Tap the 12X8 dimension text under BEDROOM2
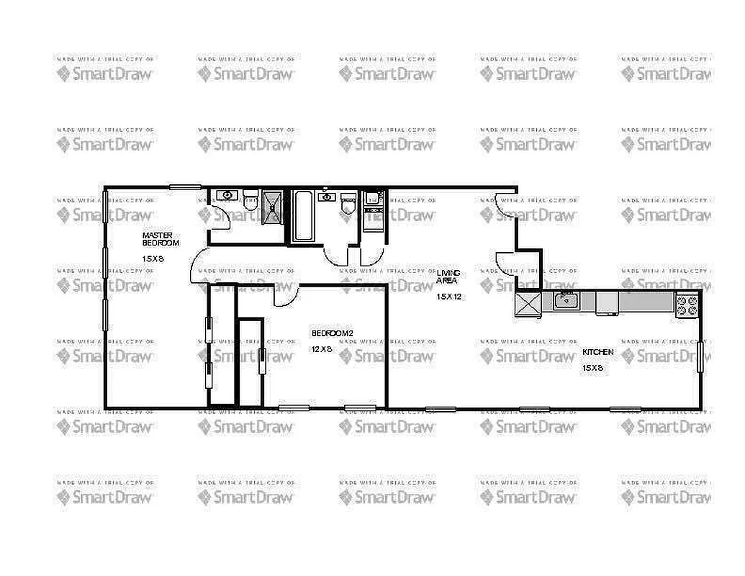click(x=321, y=349)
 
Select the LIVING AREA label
click(x=448, y=276)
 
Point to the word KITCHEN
click(x=598, y=352)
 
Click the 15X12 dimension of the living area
click(x=448, y=296)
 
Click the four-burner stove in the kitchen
click(x=687, y=306)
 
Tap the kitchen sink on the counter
click(x=566, y=300)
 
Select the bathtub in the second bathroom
click(x=302, y=215)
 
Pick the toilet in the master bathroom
click(x=250, y=199)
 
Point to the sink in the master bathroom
click(x=228, y=195)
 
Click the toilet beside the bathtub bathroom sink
click(x=348, y=202)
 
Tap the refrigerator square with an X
click(x=528, y=304)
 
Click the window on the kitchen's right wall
click(x=700, y=357)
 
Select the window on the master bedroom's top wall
click(x=185, y=187)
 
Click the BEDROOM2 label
click(x=333, y=333)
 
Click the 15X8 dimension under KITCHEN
click(x=592, y=368)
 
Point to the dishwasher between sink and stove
click(x=607, y=302)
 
